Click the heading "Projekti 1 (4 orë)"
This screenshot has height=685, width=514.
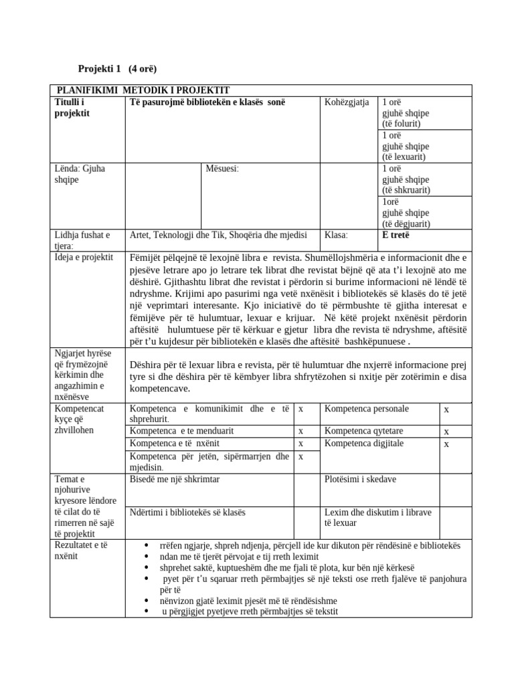point(118,69)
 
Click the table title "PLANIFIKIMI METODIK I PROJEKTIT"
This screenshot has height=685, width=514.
point(143,90)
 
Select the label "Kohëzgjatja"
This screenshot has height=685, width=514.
point(347,102)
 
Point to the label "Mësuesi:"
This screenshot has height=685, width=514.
point(222,169)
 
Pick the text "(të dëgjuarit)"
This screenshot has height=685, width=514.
point(406,224)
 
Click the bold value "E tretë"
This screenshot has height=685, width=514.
point(396,235)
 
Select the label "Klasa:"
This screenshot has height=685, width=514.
point(336,235)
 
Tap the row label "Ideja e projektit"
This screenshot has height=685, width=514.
point(84,258)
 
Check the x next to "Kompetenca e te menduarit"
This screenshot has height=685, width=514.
point(301,431)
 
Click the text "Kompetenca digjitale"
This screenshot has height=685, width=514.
point(362,443)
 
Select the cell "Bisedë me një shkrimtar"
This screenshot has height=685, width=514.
point(174,480)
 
